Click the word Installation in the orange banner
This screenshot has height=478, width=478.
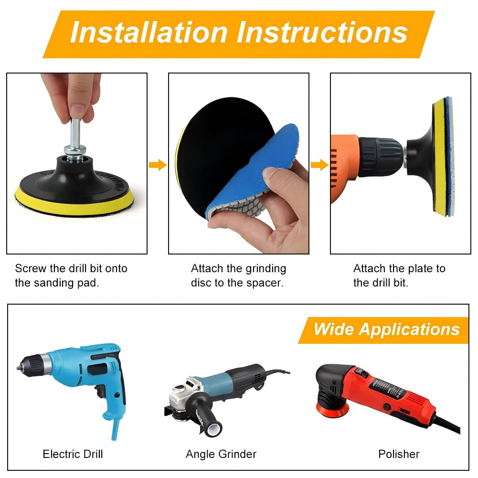pyautogui.click(x=149, y=32)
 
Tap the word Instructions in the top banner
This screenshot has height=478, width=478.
pyautogui.click(x=322, y=32)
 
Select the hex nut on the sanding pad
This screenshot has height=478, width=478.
pyautogui.click(x=74, y=150)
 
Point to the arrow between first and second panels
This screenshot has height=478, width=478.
pyautogui.click(x=158, y=165)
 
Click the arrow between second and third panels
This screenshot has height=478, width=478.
pyautogui.click(x=319, y=165)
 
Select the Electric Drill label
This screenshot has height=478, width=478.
pyautogui.click(x=73, y=454)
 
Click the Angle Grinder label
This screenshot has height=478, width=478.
pyautogui.click(x=221, y=454)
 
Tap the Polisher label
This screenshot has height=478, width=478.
pyautogui.click(x=399, y=454)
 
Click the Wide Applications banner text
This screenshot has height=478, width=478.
pyautogui.click(x=386, y=329)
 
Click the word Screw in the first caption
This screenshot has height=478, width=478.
pyautogui.click(x=30, y=268)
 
